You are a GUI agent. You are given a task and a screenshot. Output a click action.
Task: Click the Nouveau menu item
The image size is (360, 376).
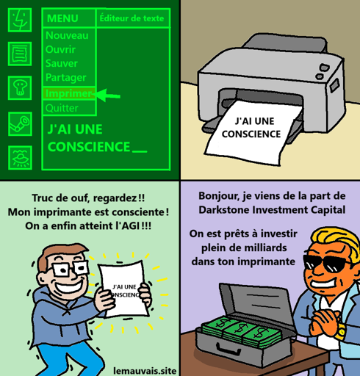tap(67, 36)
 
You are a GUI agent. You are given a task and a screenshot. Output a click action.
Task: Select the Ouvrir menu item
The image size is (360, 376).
tap(60, 49)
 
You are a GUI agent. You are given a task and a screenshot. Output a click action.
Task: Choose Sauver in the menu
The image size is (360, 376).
tap(62, 63)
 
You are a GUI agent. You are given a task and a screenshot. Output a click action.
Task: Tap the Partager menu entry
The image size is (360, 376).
tap(66, 78)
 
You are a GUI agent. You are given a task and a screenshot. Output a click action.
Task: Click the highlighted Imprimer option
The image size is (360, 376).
tap(68, 93)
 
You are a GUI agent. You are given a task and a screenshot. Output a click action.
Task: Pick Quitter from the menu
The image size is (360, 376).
tap(62, 108)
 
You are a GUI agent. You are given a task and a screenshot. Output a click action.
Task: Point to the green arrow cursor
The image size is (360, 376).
tap(107, 95)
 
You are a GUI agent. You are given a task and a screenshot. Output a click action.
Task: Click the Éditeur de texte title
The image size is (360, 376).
tap(132, 18)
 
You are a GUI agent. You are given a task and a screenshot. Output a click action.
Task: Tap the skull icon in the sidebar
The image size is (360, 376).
tap(20, 88)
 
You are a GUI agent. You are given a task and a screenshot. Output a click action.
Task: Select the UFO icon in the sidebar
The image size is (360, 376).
tap(20, 158)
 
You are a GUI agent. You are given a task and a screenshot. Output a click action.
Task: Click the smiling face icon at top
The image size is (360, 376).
tap(20, 20)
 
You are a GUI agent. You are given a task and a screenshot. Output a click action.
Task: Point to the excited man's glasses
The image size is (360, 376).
tap(70, 269)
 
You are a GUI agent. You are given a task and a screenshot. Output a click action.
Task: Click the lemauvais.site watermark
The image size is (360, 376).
tap(145, 371)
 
